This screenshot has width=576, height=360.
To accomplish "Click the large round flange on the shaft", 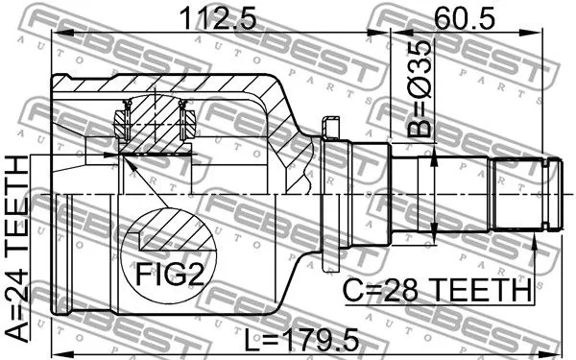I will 333,197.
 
